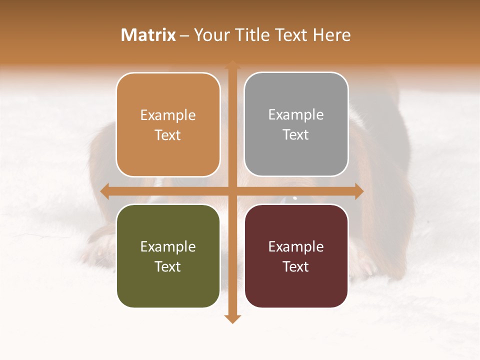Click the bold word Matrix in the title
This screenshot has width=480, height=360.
(x=148, y=35)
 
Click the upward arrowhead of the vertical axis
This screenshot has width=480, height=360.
(x=232, y=65)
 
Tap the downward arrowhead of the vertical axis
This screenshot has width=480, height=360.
(x=232, y=318)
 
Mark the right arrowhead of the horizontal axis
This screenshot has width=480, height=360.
(x=358, y=191)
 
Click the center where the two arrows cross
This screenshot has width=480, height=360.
(x=232, y=191)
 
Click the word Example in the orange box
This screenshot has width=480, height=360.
(x=168, y=115)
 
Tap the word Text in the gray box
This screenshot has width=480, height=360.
(x=296, y=135)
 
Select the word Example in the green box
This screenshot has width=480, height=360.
(x=168, y=247)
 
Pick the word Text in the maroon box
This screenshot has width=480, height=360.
(x=296, y=267)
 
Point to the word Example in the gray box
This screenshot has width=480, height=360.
(x=296, y=115)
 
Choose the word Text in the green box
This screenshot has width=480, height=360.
(x=168, y=267)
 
